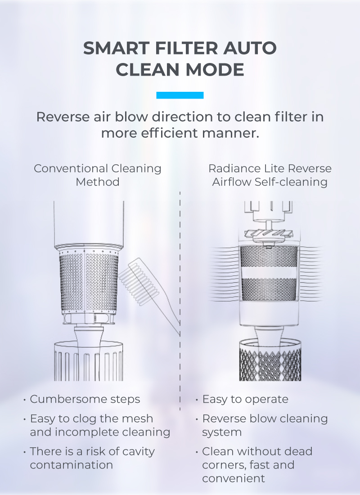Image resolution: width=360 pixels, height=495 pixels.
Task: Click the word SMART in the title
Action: point(116,48)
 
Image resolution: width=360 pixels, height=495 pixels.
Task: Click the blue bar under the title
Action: point(180,95)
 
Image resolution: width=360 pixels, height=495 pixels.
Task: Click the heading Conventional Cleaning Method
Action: point(98,175)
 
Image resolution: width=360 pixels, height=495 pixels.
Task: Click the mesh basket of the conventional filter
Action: point(89,282)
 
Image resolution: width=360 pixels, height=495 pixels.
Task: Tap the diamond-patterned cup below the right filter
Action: point(270,360)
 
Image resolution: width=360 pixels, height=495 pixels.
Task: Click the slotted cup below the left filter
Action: point(89,361)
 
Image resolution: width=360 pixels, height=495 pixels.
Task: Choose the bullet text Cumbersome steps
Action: point(85,399)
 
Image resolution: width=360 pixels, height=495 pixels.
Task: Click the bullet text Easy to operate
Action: point(245,399)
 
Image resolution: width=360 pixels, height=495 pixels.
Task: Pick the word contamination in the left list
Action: point(72,465)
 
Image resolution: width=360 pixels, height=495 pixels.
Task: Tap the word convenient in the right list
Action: point(234,479)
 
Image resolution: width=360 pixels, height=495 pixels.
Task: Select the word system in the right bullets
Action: point(222,432)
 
